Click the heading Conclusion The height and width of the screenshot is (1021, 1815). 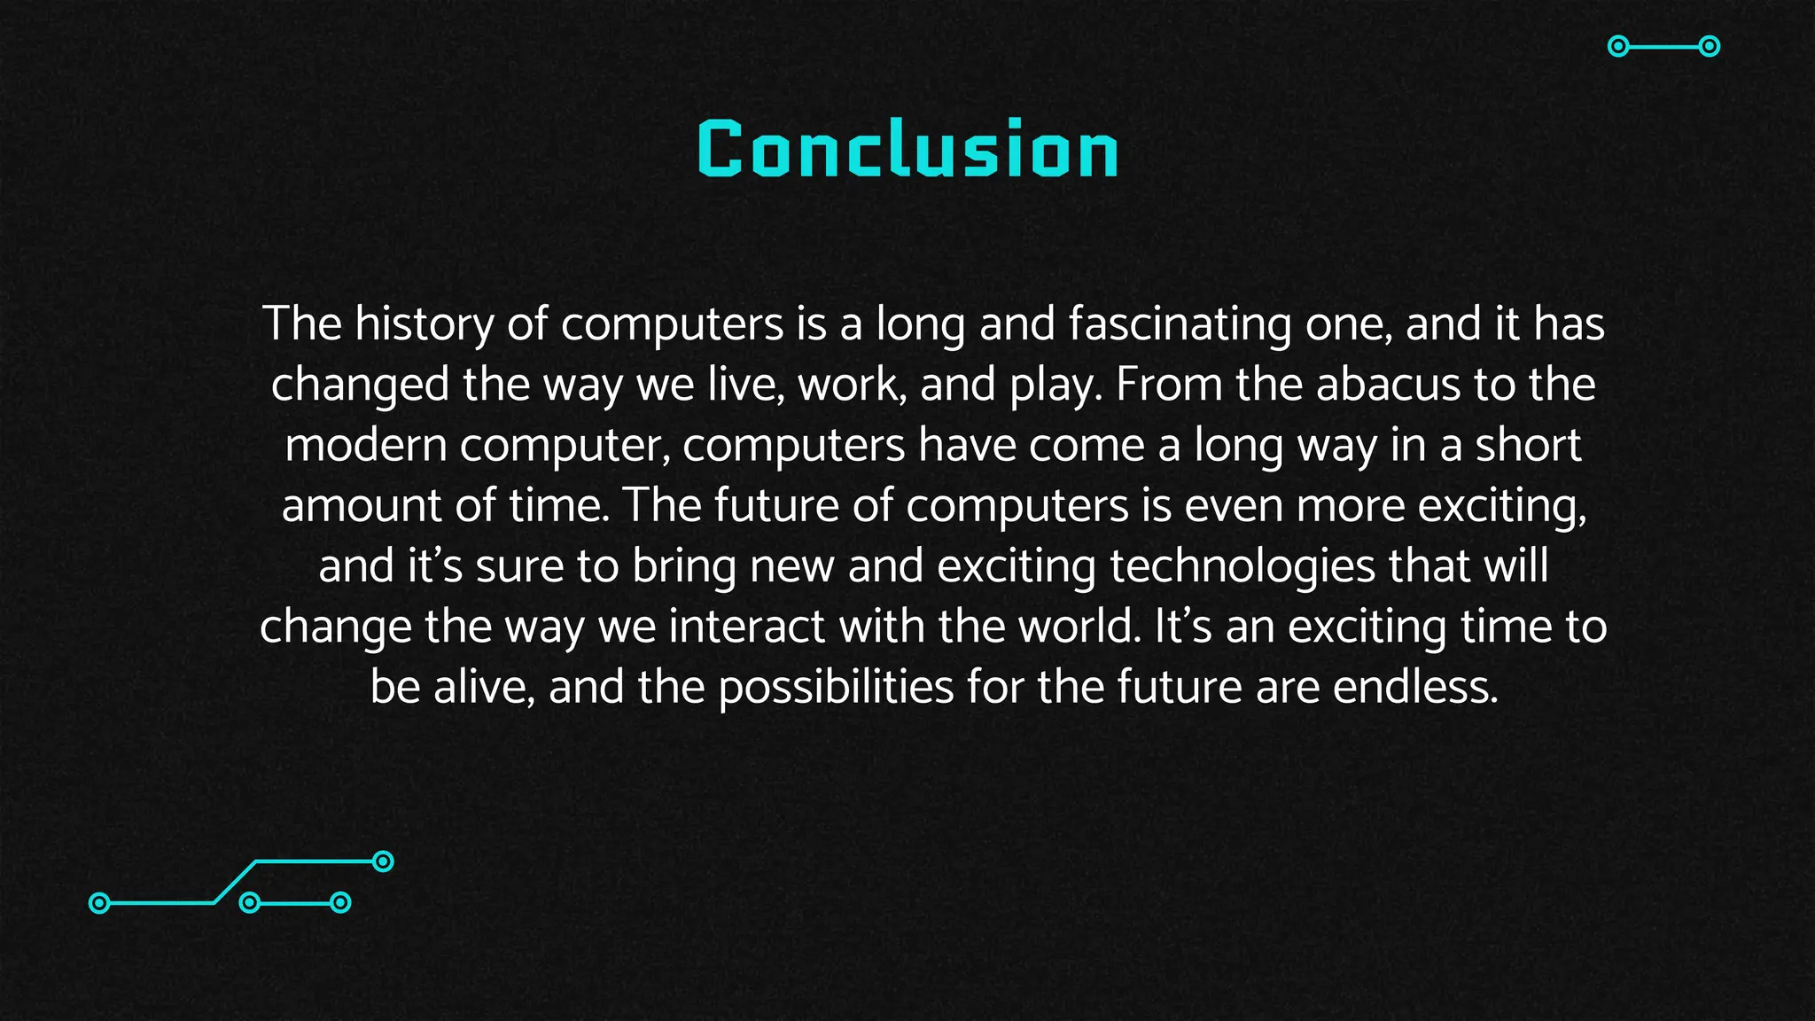click(x=907, y=150)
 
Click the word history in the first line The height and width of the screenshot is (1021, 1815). click(x=423, y=323)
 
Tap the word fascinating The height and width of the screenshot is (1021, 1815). click(x=1179, y=323)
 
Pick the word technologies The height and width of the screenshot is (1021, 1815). click(x=1242, y=566)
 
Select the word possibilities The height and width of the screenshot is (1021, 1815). click(x=836, y=687)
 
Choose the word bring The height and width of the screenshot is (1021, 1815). click(x=683, y=566)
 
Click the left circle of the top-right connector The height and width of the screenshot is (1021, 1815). click(x=1618, y=46)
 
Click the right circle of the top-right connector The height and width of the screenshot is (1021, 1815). click(x=1710, y=46)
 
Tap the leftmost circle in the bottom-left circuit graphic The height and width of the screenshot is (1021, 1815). click(x=100, y=903)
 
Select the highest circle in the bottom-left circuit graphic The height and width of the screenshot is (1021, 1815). click(x=383, y=861)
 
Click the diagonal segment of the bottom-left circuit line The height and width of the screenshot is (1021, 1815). click(x=235, y=882)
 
